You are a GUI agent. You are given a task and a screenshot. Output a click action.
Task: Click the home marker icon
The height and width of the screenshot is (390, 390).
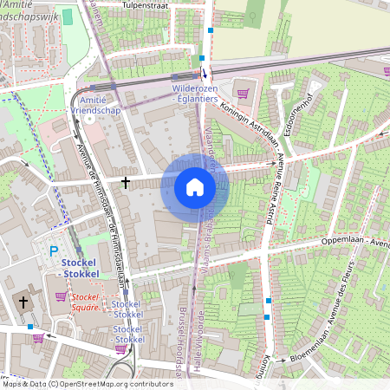coord(195,187)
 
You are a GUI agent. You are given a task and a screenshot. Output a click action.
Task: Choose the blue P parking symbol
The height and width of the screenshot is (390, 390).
coord(53,252)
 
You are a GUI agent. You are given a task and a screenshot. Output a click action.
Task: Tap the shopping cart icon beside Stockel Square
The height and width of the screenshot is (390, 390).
coord(61,296)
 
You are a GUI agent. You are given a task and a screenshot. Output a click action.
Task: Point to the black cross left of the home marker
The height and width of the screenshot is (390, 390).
coord(127,183)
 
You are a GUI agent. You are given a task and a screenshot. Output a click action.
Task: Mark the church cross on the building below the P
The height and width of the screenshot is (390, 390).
coord(23,302)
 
